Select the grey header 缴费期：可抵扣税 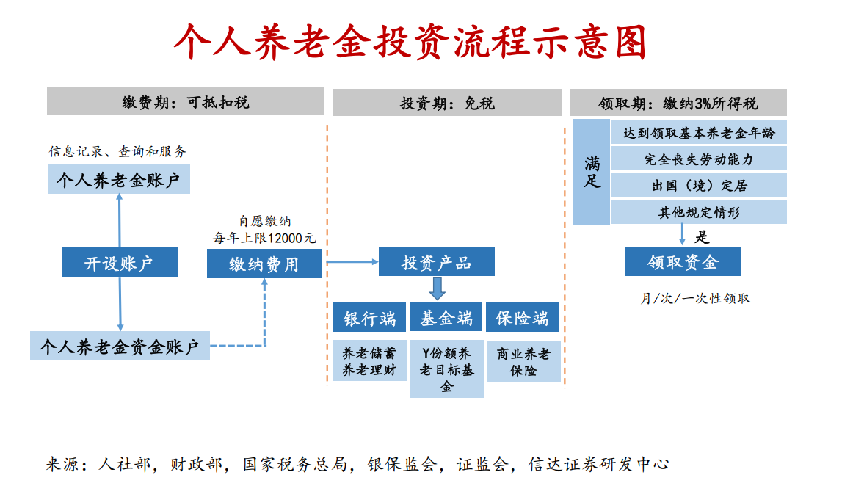(185, 102)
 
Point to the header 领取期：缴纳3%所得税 (678, 103)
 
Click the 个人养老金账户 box (119, 180)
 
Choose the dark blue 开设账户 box (119, 262)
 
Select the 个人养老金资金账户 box (120, 346)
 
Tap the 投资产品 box (436, 262)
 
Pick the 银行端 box (369, 318)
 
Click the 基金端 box (446, 317)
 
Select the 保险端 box (523, 318)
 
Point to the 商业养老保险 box (523, 361)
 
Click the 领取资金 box (683, 261)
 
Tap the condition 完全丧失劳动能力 (698, 159)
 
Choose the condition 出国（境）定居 (698, 186)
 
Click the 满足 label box (592, 172)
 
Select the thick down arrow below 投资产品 (437, 289)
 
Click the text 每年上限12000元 (264, 238)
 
